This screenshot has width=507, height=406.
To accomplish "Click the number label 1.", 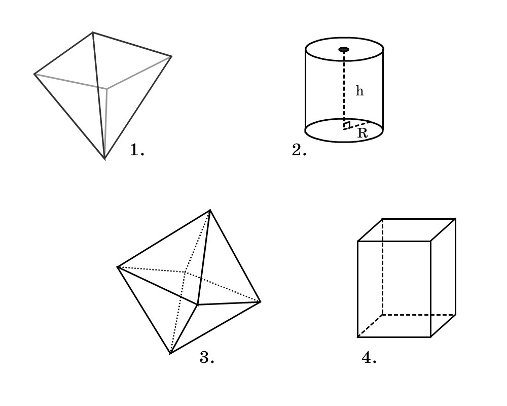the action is pos(137,150).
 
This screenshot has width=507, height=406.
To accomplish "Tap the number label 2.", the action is pos(299,150).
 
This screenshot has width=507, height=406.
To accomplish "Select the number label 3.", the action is pos(207,357).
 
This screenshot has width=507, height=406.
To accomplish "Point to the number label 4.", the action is pos(369,357).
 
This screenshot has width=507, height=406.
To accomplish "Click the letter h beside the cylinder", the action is pos(359,91).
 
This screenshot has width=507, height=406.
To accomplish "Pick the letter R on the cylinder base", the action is pos(363,133).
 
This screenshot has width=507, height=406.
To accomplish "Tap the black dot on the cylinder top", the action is pos(344,50).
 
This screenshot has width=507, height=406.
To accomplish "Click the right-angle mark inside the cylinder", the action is pos(347,125).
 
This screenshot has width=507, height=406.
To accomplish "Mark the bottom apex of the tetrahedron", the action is pos(105,159).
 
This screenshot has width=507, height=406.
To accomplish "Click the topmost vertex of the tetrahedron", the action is pos(92,32).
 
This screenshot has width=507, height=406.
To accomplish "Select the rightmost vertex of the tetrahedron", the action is pos(171,57).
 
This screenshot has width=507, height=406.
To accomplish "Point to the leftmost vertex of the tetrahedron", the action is pos(34,74).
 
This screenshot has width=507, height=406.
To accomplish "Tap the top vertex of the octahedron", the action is pos(210,210).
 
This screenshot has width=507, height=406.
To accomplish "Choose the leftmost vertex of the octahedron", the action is pos(118,267).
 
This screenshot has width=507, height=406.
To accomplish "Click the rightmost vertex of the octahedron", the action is pos(260,302).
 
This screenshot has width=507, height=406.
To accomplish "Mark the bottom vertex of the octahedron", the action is pos(170,354).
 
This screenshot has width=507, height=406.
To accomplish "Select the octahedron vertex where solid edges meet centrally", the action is pos(198,304).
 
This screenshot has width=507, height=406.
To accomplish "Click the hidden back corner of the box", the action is pos(382,314).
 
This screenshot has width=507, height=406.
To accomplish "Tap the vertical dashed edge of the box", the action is pos(382,266).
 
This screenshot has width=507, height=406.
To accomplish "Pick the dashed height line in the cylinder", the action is pos(344,89).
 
